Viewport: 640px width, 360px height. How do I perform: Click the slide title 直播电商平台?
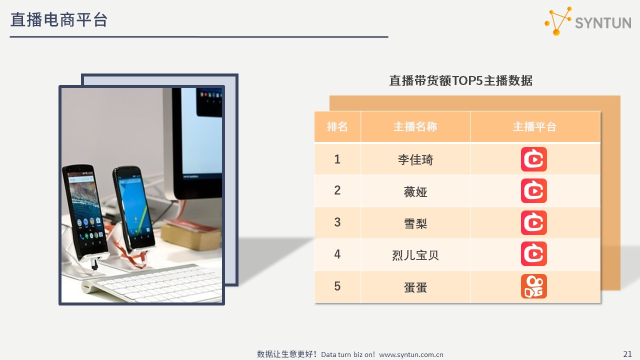[x=59, y=20]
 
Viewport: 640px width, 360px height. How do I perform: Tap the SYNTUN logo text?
[x=603, y=23]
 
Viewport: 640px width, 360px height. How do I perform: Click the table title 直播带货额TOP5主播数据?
[x=461, y=80]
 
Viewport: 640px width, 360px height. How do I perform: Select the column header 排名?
[x=337, y=126]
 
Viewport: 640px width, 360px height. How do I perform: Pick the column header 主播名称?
[x=415, y=126]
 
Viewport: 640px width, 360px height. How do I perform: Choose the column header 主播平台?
[x=534, y=126]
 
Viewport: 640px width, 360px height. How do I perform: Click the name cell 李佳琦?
[x=415, y=159]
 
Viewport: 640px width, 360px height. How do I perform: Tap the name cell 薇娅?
[x=415, y=191]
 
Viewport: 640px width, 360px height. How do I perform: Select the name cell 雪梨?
[x=415, y=223]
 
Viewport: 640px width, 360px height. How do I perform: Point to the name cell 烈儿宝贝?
[x=415, y=255]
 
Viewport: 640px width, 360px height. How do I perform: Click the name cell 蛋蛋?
[x=415, y=287]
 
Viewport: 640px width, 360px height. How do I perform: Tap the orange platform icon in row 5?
[x=533, y=286]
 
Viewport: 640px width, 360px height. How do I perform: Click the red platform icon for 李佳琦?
[x=533, y=159]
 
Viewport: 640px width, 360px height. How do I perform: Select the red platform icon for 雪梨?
[x=533, y=222]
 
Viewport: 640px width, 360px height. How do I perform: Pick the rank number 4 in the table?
[x=337, y=254]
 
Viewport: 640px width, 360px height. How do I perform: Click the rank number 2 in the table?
[x=337, y=190]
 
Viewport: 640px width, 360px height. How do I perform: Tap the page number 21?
[x=627, y=354]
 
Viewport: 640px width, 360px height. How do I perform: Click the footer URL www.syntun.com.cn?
[x=411, y=354]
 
